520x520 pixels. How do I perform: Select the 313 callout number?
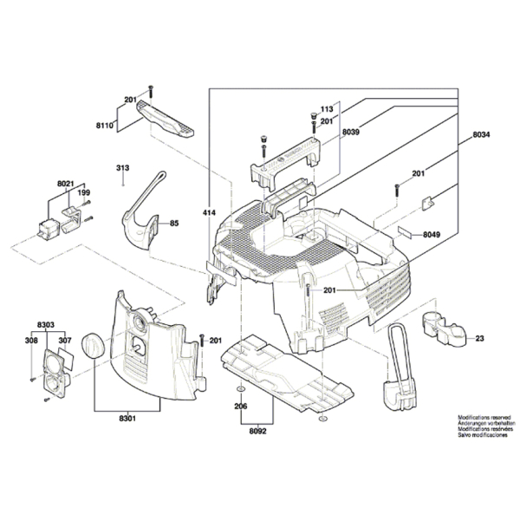tap(122, 168)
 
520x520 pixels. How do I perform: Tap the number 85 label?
tap(174, 224)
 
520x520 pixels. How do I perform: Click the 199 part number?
tap(85, 192)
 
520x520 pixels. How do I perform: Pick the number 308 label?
tap(31, 341)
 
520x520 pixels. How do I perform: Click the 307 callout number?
tap(63, 341)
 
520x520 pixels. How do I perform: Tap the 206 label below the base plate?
tap(240, 406)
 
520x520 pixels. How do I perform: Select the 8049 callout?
tap(431, 235)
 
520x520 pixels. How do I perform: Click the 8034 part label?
tap(482, 136)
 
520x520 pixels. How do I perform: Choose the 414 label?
tap(208, 211)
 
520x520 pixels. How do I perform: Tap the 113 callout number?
tap(327, 110)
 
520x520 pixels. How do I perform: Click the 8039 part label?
tap(350, 131)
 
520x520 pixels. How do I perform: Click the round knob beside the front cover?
tap(91, 346)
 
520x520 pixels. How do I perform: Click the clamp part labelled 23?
tap(443, 329)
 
